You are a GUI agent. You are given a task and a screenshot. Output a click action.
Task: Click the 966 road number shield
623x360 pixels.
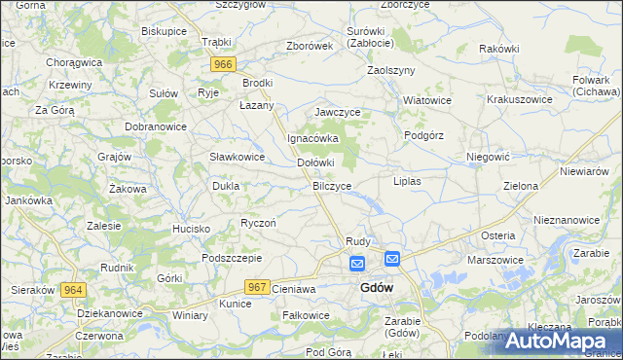coord(223,64)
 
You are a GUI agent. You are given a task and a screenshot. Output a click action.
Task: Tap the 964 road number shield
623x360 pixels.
coord(72,290)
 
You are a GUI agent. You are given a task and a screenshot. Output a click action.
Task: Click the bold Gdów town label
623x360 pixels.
coord(377,288)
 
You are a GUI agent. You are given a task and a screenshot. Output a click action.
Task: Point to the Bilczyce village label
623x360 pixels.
coord(332,185)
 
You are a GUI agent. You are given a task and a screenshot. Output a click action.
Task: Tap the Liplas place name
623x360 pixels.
coord(406,182)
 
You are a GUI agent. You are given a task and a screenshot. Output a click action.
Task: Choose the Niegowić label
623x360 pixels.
coord(488,156)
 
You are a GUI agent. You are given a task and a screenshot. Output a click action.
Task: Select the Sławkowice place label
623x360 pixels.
coord(238,157)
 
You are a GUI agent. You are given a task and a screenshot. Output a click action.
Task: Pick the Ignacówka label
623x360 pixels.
coord(311,138)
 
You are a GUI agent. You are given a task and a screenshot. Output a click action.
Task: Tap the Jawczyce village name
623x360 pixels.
coord(338,113)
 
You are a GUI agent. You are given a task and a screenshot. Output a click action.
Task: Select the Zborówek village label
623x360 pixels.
coord(311,46)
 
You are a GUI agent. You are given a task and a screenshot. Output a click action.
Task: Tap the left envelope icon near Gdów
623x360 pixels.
coord(357,263)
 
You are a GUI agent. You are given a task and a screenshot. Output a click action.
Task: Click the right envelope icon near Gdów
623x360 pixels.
coord(391,258)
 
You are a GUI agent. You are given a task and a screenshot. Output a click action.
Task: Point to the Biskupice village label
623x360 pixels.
coord(164,31)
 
